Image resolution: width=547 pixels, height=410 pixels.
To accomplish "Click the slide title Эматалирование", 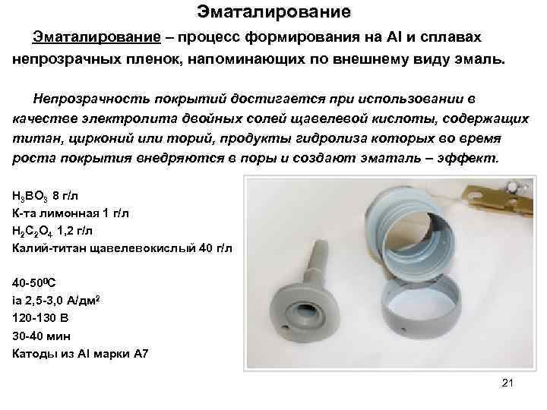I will [x=273, y=12].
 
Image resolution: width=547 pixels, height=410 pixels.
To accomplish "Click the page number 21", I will [x=508, y=383].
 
